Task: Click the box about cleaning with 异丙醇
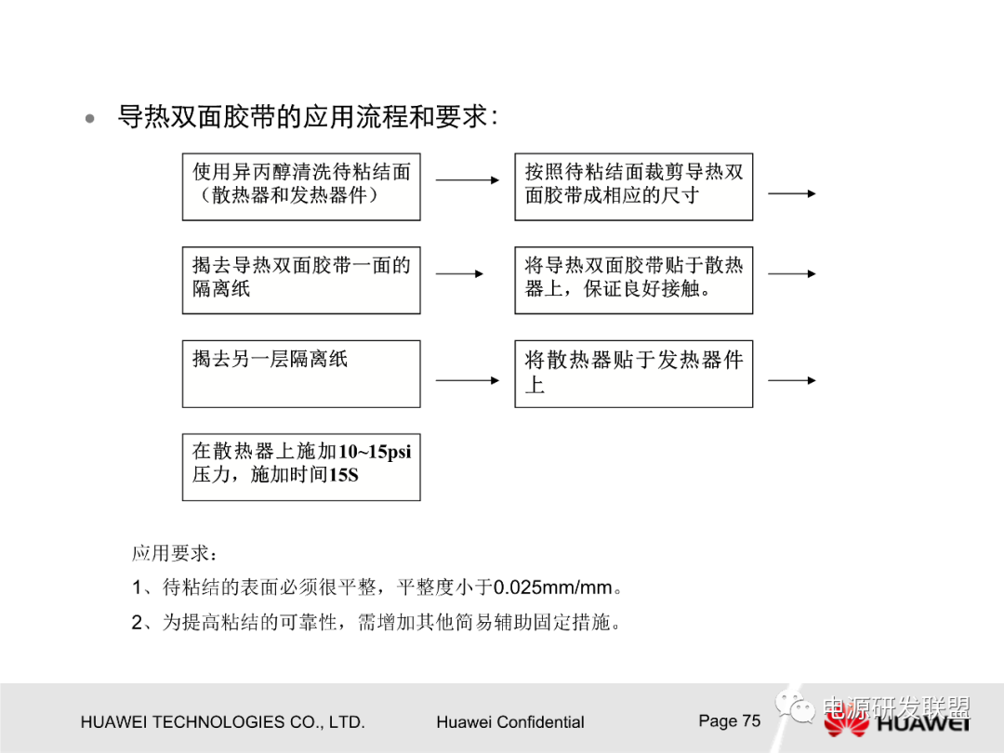[300, 186]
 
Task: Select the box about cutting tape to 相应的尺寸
[633, 186]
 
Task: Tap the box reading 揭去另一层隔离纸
[300, 373]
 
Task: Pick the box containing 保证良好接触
[633, 280]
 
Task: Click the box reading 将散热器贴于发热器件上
[633, 373]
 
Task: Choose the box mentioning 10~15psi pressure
[300, 466]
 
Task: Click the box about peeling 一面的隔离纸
[300, 280]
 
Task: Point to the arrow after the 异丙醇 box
[467, 180]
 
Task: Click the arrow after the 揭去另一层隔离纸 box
[467, 380]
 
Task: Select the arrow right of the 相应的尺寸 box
[791, 193]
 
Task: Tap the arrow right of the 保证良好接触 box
[791, 274]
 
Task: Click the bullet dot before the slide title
[90, 119]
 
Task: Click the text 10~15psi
[374, 453]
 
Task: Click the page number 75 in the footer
[750, 720]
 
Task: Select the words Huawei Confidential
[509, 722]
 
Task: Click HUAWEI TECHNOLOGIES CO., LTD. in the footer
[222, 722]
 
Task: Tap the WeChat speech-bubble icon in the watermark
[797, 708]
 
